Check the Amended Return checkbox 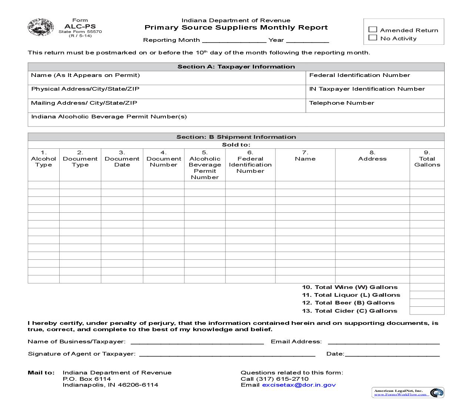[x=373, y=30]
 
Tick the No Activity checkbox [x=373, y=38]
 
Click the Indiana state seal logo [x=41, y=27]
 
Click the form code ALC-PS [x=80, y=26]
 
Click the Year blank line [x=307, y=40]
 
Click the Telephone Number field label [x=341, y=103]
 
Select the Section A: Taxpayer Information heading [x=236, y=67]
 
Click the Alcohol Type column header [x=43, y=159]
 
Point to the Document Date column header [x=122, y=159]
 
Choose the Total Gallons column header [x=427, y=159]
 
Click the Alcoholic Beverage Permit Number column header [x=205, y=165]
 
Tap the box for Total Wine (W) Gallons [x=427, y=287]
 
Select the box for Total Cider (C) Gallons [x=427, y=311]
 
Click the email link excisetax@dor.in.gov [x=299, y=385]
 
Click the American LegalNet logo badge [x=408, y=392]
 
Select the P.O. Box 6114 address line [x=87, y=379]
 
